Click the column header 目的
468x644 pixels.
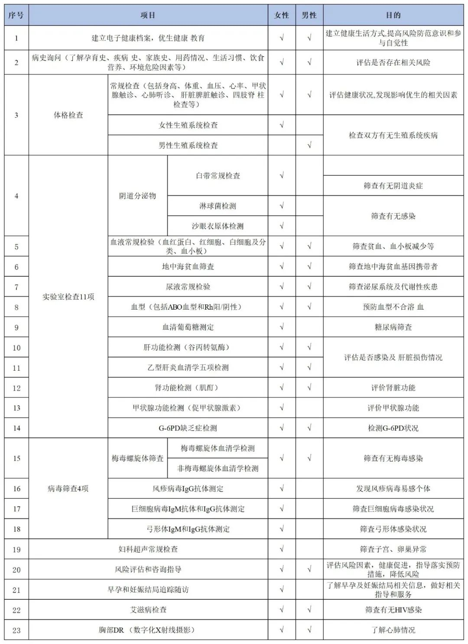tap(393, 15)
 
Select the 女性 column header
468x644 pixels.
tap(282, 15)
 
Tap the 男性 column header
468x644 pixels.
tap(309, 15)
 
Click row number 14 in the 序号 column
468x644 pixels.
tap(16, 428)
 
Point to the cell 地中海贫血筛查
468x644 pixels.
tap(188, 266)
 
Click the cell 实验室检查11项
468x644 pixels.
tap(68, 297)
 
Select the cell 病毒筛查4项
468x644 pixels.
tap(68, 489)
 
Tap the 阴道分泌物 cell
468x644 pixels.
tap(137, 196)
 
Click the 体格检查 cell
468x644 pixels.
tap(68, 115)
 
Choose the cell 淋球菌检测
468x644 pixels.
tap(218, 206)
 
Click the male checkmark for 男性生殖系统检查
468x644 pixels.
tap(309, 145)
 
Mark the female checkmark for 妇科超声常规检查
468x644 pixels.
tap(282, 549)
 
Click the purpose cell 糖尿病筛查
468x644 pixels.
tap(393, 327)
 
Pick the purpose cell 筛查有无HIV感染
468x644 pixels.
tap(393, 610)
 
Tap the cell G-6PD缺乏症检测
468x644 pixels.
tap(188, 428)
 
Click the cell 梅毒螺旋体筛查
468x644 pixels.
tap(137, 458)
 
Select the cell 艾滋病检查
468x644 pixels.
tap(148, 610)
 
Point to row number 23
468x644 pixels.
tap(16, 630)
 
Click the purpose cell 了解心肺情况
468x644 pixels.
tap(393, 630)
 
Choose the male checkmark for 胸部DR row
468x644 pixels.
tap(309, 630)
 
